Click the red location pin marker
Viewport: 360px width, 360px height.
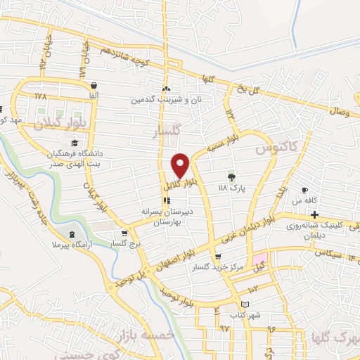point(181,166)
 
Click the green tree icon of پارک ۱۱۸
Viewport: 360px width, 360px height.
point(231,176)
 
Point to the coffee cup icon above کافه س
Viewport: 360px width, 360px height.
point(304,191)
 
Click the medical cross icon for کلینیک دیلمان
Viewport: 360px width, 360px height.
point(314,214)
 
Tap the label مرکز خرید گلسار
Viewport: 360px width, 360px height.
point(219,267)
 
